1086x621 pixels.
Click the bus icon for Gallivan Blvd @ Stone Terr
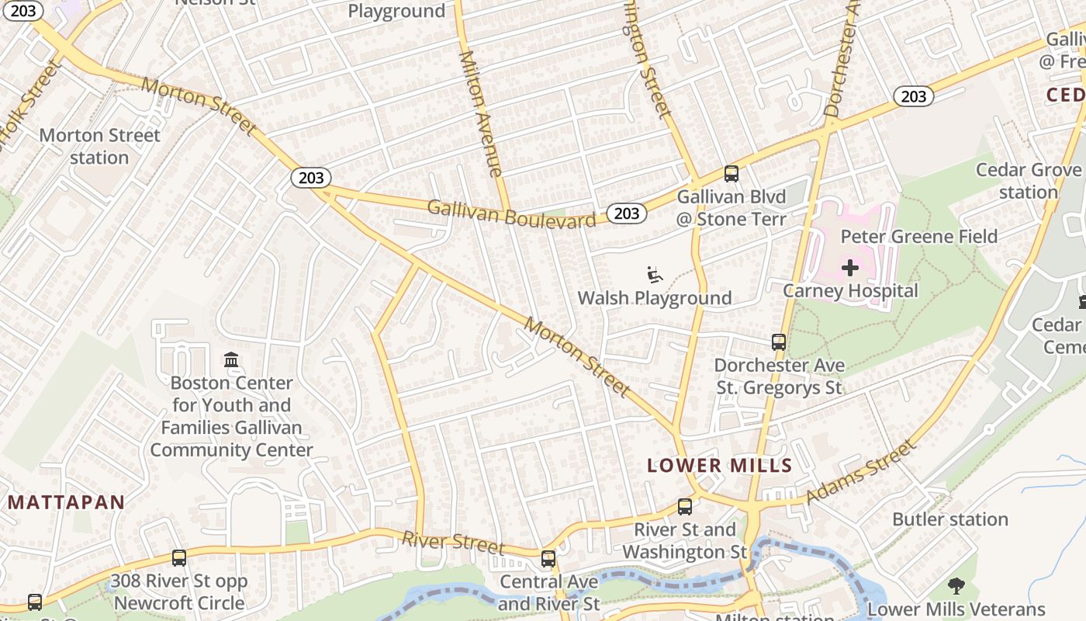tap(731, 174)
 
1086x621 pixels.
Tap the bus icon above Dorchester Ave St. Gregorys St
tap(778, 342)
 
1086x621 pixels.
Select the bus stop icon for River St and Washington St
tap(684, 507)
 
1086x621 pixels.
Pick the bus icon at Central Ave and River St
tap(548, 559)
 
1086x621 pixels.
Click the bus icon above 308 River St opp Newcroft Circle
tap(179, 558)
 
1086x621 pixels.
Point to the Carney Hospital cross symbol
tap(849, 269)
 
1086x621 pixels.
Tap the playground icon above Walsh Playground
tap(655, 275)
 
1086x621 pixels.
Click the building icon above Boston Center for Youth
tap(231, 360)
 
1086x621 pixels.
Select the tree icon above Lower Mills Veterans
tap(956, 587)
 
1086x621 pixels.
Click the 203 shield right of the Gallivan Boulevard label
tap(626, 213)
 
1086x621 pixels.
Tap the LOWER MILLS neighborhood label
tap(719, 466)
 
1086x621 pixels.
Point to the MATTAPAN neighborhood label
tap(66, 502)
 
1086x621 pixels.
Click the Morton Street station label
tap(99, 146)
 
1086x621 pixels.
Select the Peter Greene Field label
tap(919, 237)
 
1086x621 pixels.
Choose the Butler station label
tap(949, 519)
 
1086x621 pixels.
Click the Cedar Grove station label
tap(1028, 181)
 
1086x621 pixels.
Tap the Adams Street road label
tap(861, 471)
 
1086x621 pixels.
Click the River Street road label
tap(453, 541)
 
